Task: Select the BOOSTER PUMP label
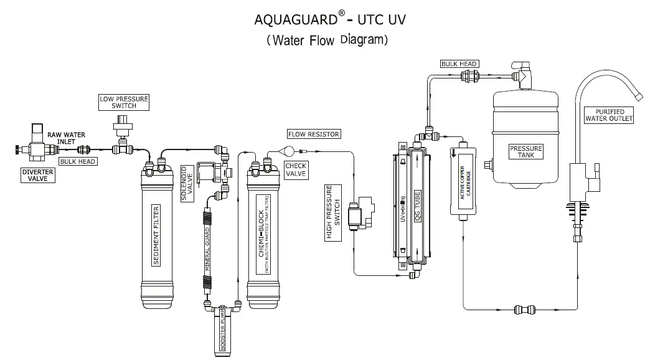[221, 333]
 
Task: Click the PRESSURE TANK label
[526, 151]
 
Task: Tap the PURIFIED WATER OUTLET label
[610, 115]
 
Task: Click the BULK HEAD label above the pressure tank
[459, 64]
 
